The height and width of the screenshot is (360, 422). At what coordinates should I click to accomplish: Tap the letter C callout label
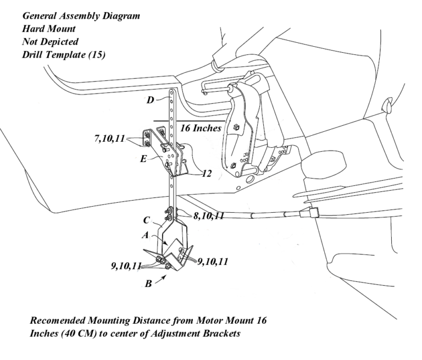(x=147, y=221)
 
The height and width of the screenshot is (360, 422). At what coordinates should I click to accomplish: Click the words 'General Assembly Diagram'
(x=81, y=16)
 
